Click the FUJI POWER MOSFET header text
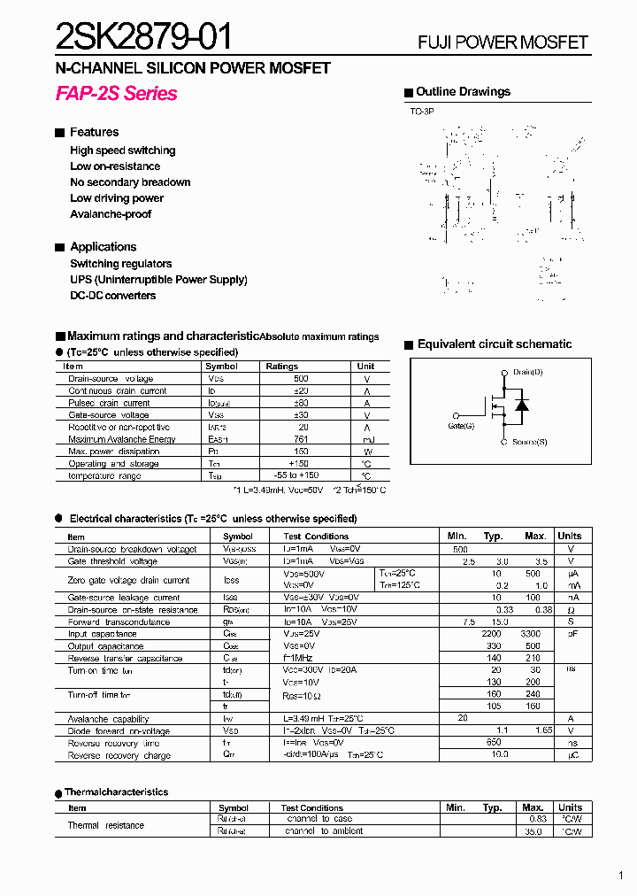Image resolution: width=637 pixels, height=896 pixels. pos(503,42)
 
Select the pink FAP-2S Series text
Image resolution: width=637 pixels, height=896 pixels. pos(116,94)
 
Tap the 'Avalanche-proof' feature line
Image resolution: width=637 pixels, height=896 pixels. pos(111,214)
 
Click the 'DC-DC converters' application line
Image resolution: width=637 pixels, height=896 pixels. pos(112,296)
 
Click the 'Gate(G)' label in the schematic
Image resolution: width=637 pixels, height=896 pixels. pos(461,426)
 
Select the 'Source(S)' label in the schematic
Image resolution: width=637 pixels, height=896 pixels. pos(529,442)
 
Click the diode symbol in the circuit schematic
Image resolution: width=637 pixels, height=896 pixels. pos(522,406)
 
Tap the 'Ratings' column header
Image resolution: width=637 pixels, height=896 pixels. pos(282,366)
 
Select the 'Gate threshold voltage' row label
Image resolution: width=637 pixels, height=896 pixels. pos(112,561)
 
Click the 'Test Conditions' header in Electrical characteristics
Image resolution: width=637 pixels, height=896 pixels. pos(316,537)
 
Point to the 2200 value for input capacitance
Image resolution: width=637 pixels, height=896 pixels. pos(491,634)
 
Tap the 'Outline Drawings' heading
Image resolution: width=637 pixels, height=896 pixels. pos(463,92)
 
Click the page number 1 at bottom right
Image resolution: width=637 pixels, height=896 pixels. pos(620,876)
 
